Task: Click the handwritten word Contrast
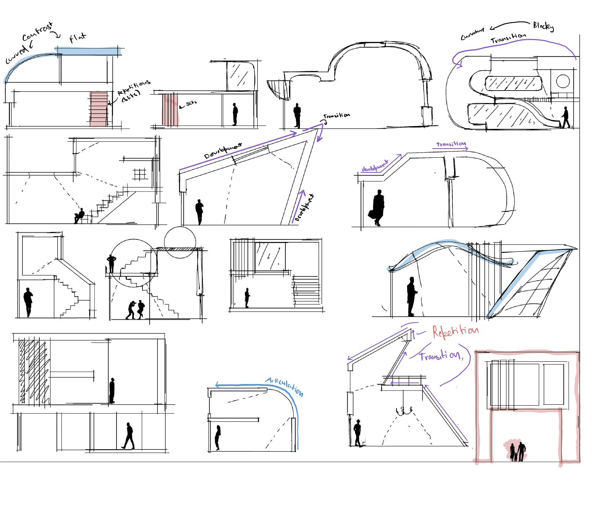pos(37,32)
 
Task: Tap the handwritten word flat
pos(77,38)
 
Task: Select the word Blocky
pos(543,26)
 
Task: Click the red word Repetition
pos(455,331)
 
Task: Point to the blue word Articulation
pos(285,386)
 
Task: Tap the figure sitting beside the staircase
pos(79,215)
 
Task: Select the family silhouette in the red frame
pos(517,452)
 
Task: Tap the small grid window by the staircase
pos(139,174)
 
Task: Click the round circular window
pos(563,81)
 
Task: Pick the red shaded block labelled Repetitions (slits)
pos(98,109)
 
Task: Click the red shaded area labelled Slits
pos(170,109)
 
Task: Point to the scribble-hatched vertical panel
pos(32,371)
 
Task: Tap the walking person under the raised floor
pos(128,436)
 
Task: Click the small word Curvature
pos(473,34)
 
